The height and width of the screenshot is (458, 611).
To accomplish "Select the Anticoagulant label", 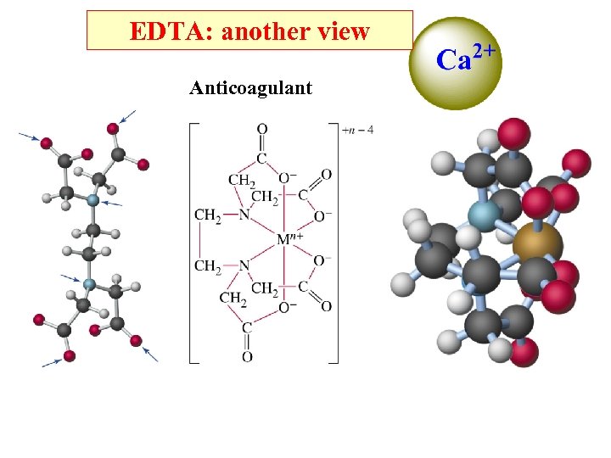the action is click(250, 88).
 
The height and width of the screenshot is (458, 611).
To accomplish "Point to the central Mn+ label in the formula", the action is click(289, 240).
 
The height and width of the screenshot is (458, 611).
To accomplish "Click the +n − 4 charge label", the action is click(357, 131).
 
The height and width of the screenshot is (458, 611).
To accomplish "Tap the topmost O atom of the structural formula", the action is click(262, 130).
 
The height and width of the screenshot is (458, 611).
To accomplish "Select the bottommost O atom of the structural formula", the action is click(247, 357).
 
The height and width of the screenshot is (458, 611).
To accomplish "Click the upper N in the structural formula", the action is click(244, 215).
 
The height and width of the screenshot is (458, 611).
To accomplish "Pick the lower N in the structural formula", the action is click(244, 266).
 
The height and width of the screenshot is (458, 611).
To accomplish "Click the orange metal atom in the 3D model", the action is click(537, 242).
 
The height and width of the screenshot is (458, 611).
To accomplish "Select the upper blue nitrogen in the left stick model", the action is click(93, 200).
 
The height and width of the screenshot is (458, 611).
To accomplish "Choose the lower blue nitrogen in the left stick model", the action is click(88, 283).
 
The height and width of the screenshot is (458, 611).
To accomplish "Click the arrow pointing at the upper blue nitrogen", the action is click(112, 204).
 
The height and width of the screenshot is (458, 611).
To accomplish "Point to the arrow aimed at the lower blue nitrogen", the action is click(71, 276).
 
